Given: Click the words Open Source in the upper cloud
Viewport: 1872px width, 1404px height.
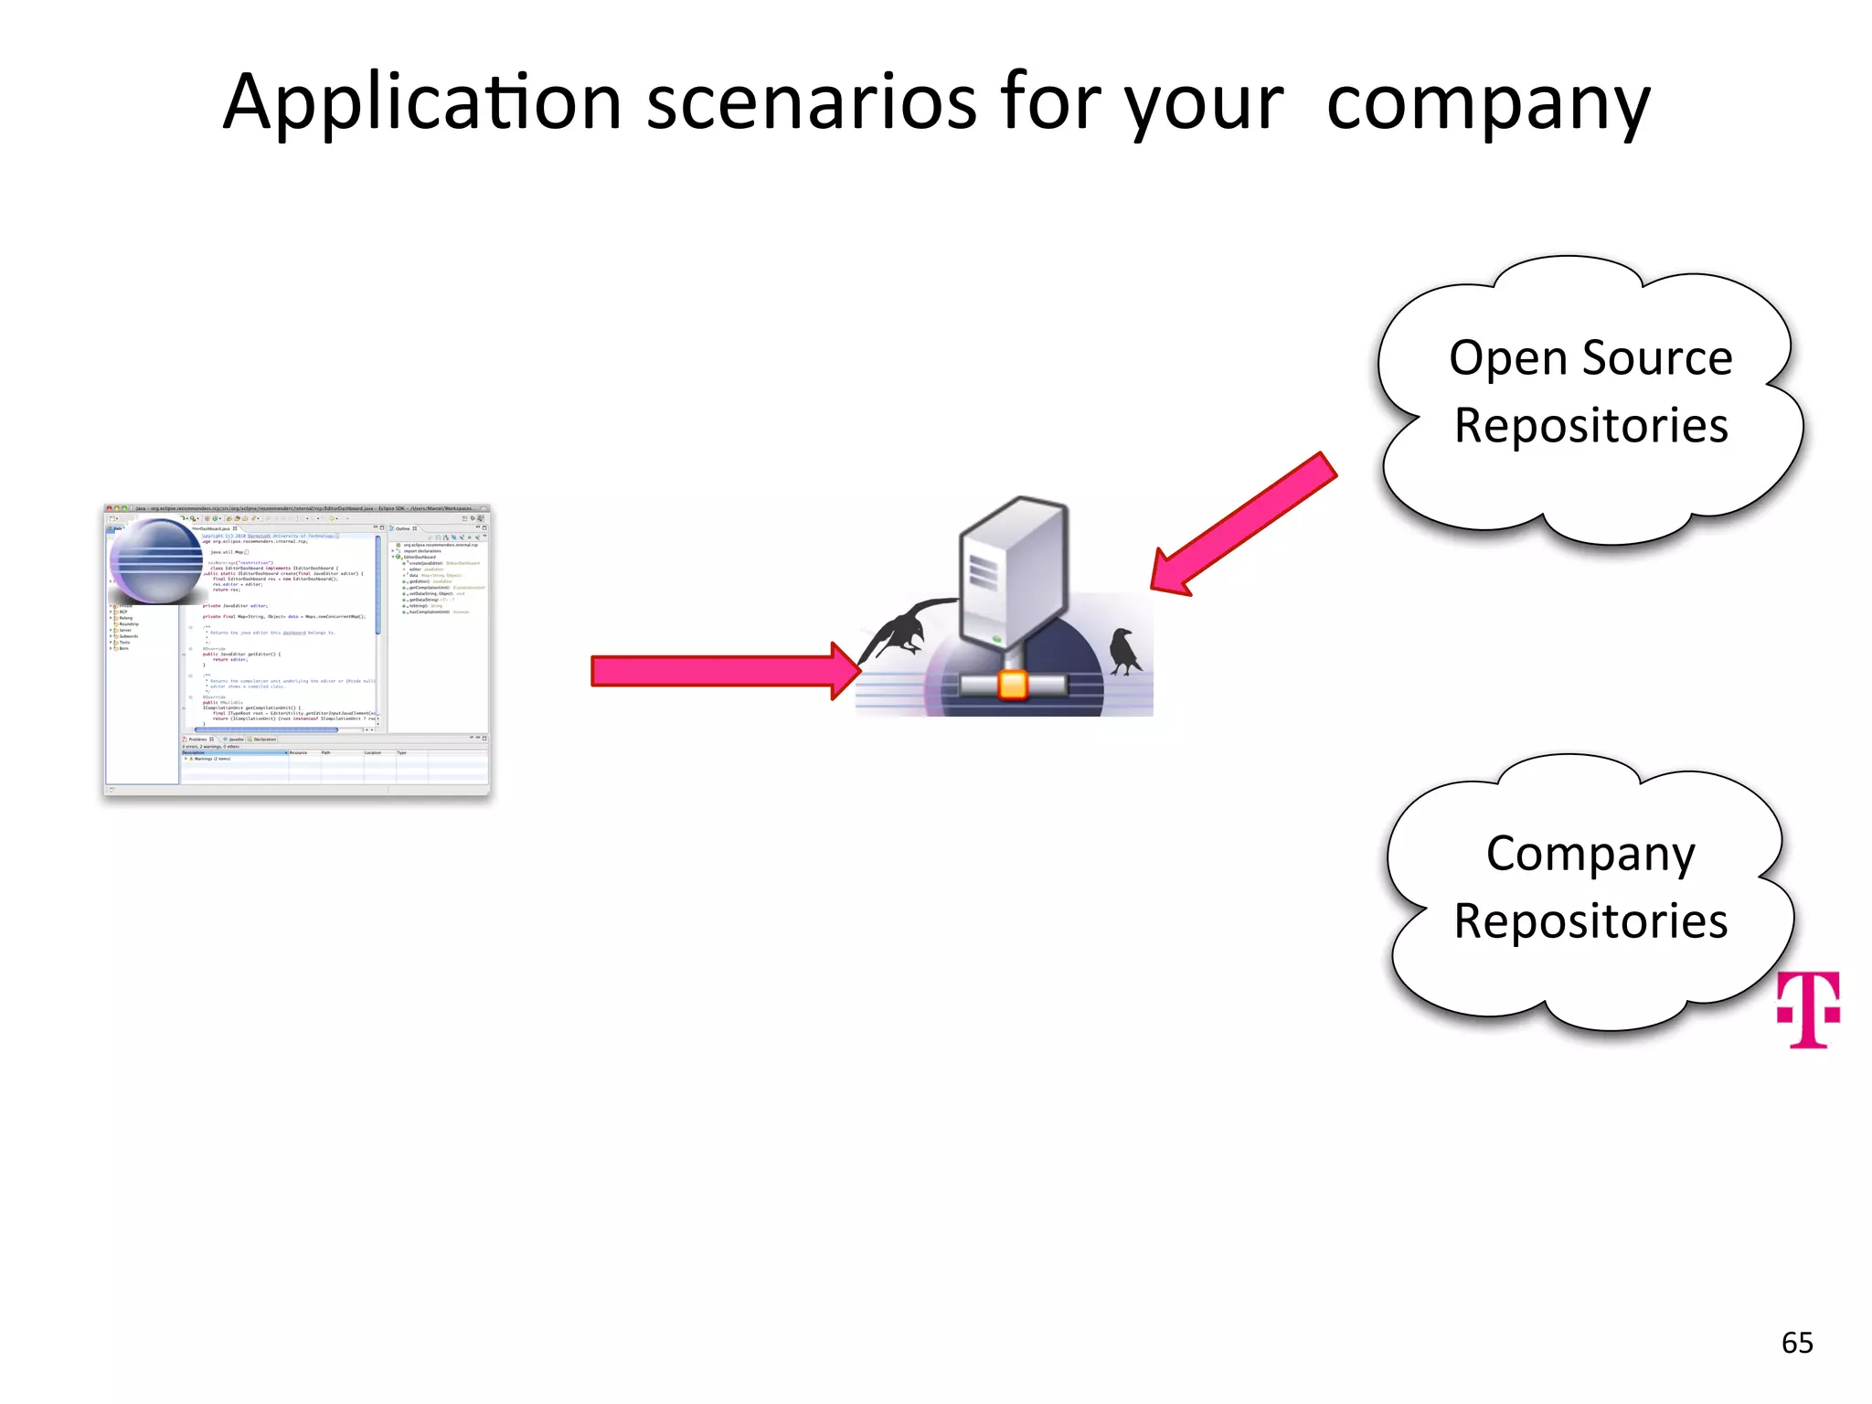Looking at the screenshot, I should pyautogui.click(x=1590, y=357).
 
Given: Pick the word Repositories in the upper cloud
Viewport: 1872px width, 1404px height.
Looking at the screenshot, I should pyautogui.click(x=1590, y=426).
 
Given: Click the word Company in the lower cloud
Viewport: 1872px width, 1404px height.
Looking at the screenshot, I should pyautogui.click(x=1590, y=854).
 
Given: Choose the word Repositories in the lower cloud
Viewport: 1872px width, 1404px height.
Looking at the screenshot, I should pyautogui.click(x=1590, y=921).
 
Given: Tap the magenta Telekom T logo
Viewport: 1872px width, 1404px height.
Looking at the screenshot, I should pyautogui.click(x=1807, y=1009).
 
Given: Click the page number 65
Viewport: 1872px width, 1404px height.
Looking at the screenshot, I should pyautogui.click(x=1796, y=1343).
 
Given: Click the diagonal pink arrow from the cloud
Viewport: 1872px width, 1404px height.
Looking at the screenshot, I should pyautogui.click(x=1243, y=526).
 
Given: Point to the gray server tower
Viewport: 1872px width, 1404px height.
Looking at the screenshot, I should pyautogui.click(x=1013, y=570).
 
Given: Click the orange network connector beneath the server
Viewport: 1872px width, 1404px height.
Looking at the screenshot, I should pyautogui.click(x=1013, y=685).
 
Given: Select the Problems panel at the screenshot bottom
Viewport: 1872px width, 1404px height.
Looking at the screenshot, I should pyautogui.click(x=334, y=759).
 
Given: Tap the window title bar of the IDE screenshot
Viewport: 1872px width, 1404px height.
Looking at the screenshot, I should pyautogui.click(x=297, y=508).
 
